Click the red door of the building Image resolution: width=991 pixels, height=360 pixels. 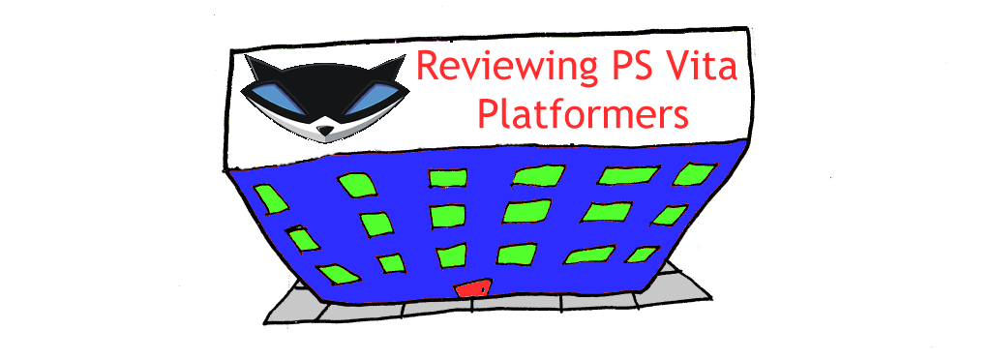tap(473, 287)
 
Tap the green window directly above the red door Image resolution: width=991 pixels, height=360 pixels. tap(451, 256)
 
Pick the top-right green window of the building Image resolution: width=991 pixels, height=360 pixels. tap(695, 173)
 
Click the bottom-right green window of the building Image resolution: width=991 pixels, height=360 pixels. tap(641, 255)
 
